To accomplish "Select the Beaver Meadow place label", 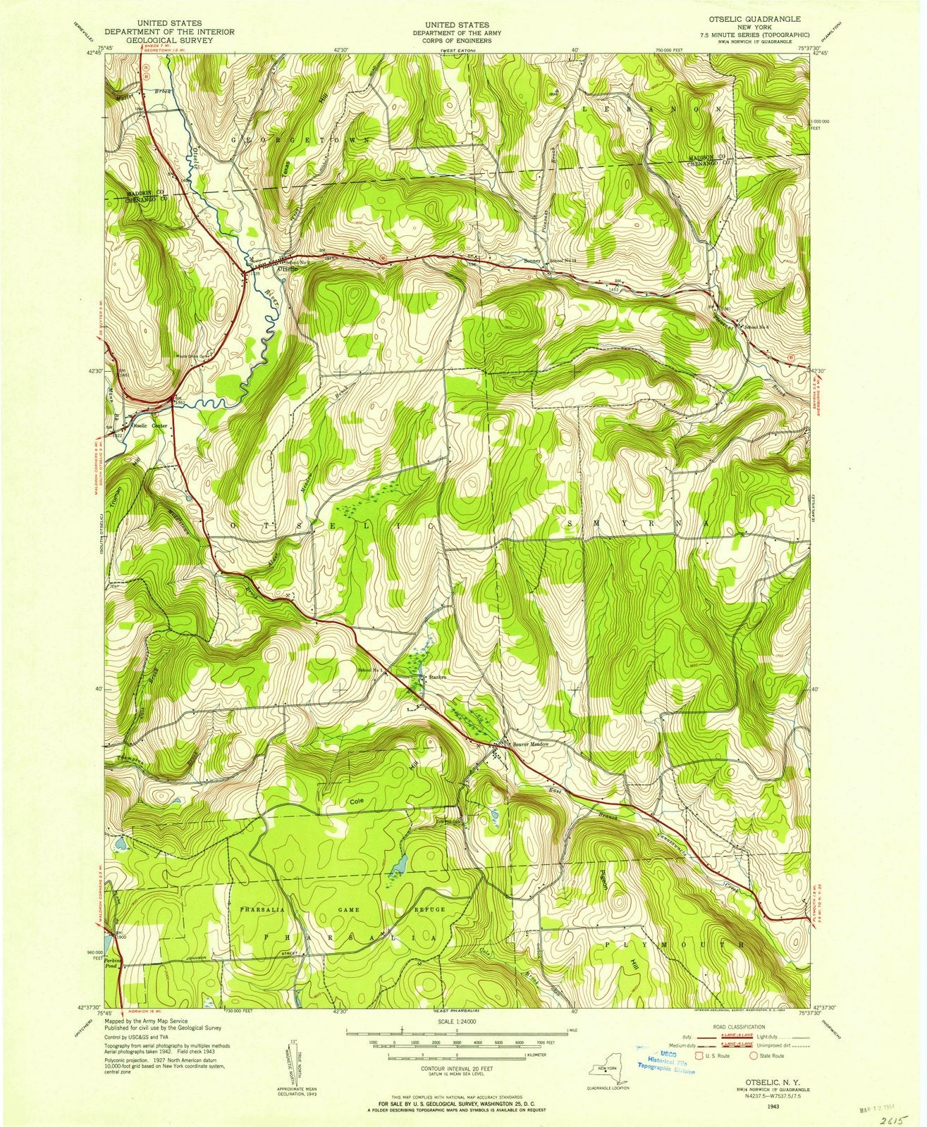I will [530, 744].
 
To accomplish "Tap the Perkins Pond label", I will [114, 963].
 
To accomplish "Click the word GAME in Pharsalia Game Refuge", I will [349, 910].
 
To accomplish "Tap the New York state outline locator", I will [608, 1072].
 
